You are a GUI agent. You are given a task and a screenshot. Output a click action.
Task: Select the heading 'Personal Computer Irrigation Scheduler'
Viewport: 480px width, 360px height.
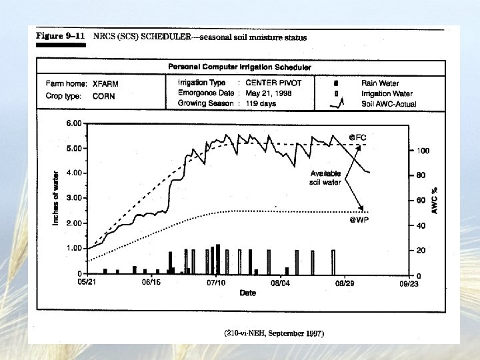click(239, 67)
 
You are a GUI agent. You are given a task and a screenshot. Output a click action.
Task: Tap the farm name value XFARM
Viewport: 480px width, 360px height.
click(105, 84)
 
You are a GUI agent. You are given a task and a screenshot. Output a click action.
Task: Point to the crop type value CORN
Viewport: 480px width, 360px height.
click(103, 96)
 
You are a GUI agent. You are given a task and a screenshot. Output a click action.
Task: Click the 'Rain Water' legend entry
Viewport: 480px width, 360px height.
click(380, 83)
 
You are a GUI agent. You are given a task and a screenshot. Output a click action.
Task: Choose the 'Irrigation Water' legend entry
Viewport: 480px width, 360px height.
click(387, 93)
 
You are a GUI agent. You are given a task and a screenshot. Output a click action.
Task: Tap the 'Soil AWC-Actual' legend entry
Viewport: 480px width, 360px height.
click(388, 103)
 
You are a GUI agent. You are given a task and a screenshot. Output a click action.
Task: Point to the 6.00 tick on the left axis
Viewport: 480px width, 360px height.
click(73, 123)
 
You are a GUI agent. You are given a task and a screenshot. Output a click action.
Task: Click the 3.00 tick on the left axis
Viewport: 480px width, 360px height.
click(73, 198)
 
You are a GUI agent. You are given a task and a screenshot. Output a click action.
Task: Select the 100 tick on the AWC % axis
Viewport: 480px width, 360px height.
click(423, 151)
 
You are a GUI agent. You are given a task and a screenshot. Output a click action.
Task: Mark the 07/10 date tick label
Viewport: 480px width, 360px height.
click(216, 283)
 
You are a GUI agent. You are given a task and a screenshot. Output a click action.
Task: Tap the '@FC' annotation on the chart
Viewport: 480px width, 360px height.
click(357, 137)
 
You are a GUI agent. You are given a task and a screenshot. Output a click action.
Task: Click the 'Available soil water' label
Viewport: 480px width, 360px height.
click(325, 178)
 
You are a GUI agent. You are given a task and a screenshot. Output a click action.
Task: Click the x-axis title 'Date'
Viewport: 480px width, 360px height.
click(248, 293)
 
